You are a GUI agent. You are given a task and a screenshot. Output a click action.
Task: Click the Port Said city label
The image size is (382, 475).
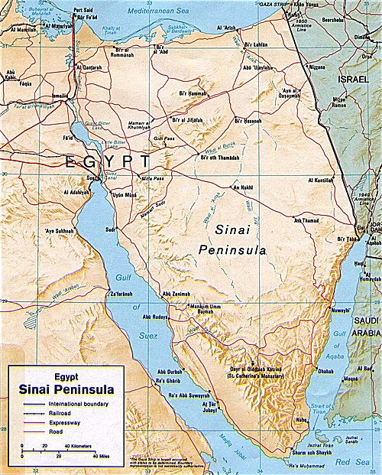pos(82,11)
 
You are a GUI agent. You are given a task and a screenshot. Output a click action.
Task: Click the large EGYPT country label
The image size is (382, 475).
pos(108,161)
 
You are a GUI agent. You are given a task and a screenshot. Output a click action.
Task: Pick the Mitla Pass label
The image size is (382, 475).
pos(153,178)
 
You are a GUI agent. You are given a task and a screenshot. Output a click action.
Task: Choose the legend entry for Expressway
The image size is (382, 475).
pos(62,422)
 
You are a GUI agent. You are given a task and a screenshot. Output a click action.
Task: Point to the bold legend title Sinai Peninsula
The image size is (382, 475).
pos(67,390)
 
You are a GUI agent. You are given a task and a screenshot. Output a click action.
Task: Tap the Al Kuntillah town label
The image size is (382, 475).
pos(322,181)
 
